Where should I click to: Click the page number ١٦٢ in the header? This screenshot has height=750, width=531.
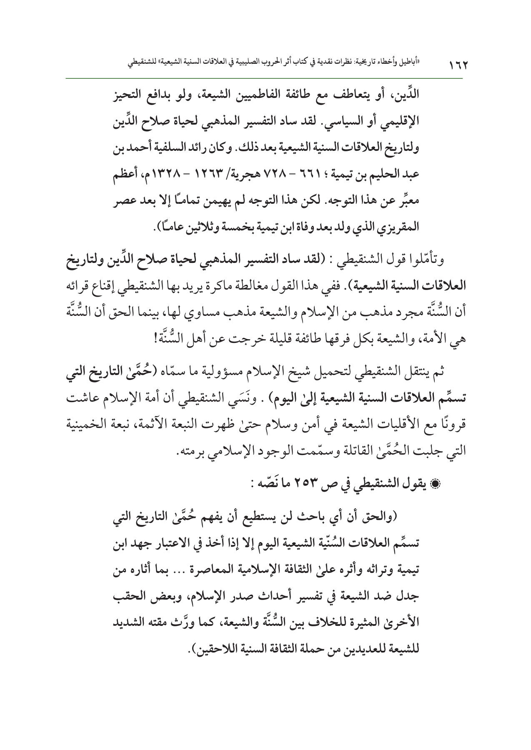pos(457,66)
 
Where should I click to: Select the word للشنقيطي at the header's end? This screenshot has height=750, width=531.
pos(142,63)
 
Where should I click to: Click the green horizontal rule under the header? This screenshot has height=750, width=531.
pos(265,78)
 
